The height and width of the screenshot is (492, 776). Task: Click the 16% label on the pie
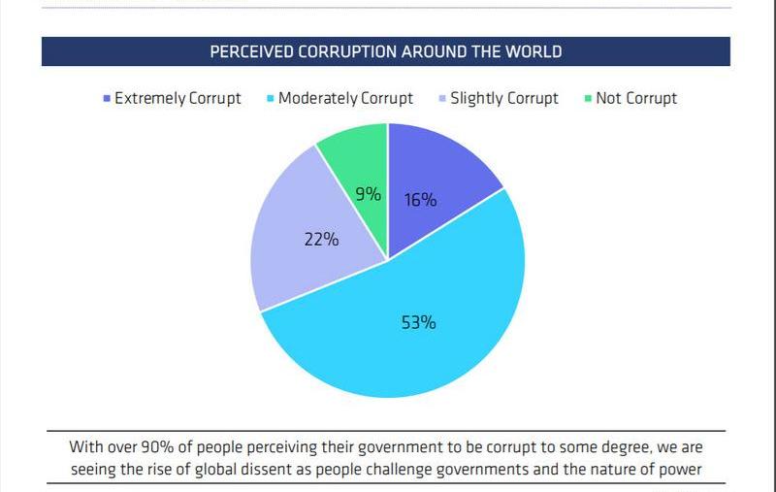pyautogui.click(x=420, y=200)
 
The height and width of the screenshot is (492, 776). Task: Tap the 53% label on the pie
pyautogui.click(x=418, y=322)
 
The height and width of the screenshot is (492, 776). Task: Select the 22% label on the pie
pyautogui.click(x=321, y=238)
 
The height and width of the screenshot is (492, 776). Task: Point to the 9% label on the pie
pyautogui.click(x=367, y=194)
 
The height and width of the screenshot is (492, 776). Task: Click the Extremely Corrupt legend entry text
pyautogui.click(x=178, y=98)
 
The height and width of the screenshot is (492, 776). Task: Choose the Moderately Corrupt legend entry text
pyautogui.click(x=345, y=98)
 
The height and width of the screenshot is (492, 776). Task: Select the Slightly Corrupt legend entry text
pyautogui.click(x=504, y=98)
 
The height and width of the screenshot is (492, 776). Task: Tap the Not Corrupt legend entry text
pyautogui.click(x=638, y=98)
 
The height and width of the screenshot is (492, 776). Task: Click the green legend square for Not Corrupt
pyautogui.click(x=589, y=99)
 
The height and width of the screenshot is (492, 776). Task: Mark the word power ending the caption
pyautogui.click(x=681, y=471)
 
